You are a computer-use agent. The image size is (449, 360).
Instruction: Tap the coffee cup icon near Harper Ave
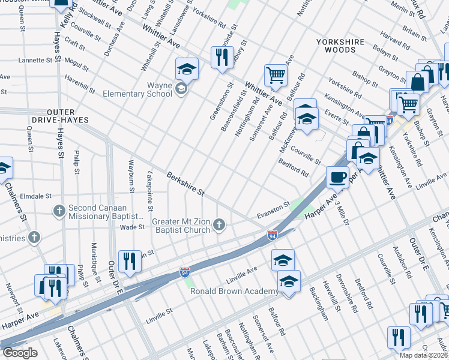pyautogui.click(x=337, y=177)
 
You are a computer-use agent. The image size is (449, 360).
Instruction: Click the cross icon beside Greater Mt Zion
pyautogui.click(x=220, y=225)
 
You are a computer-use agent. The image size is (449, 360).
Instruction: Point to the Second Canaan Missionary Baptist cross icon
pyautogui.click(x=59, y=211)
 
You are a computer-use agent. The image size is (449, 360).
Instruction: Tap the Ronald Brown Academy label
pyautogui.click(x=234, y=291)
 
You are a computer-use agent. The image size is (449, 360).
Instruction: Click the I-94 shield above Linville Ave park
pyautogui.click(x=185, y=272)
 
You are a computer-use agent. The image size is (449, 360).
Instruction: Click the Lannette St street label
pyautogui.click(x=35, y=60)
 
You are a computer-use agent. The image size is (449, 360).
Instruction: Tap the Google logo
pyautogui.click(x=20, y=352)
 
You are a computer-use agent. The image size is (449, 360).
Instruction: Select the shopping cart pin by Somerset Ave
pyautogui.click(x=276, y=76)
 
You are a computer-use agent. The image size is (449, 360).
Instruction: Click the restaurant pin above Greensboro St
pyautogui.click(x=222, y=57)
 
